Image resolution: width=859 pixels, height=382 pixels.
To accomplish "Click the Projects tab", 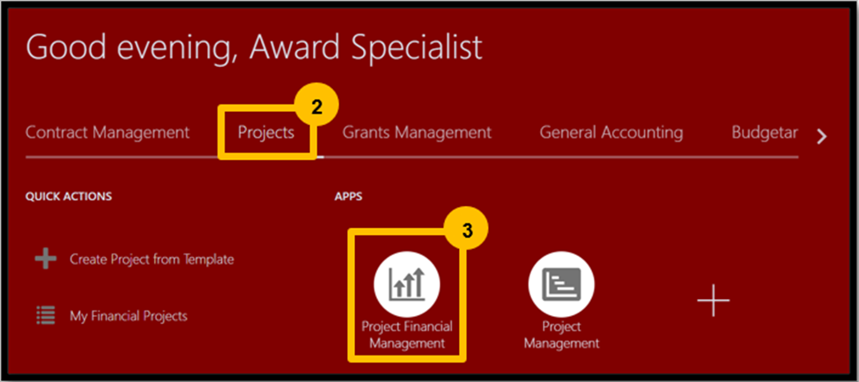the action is point(266,132).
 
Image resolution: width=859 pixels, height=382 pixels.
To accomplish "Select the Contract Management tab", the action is point(107,132).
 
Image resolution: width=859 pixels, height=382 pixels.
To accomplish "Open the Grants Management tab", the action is point(417,132).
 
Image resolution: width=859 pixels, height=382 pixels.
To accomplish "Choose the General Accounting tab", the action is point(611,132).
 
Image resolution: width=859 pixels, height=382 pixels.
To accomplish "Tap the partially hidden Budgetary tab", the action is point(765,132).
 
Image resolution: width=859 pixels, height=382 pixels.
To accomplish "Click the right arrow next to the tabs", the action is point(821,136).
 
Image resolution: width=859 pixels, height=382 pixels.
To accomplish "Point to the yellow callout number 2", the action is point(316,107).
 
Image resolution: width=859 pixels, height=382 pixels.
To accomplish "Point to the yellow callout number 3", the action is point(466,231).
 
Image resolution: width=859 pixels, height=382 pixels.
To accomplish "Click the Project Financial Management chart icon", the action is point(406,284).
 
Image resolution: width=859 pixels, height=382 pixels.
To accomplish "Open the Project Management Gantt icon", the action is point(561,284).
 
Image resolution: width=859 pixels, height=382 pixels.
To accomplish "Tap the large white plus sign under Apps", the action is point(714,300).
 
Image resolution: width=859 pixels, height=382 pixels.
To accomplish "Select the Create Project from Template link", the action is point(152,259).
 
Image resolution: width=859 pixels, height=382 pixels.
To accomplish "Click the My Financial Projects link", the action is point(129,316).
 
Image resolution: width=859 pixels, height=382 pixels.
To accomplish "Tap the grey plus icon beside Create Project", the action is point(46,258).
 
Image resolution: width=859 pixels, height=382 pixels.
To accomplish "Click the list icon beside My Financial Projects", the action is point(46,315).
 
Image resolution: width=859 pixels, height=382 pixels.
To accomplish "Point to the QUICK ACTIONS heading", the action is point(69,196).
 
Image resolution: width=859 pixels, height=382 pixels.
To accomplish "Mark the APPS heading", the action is point(348,196).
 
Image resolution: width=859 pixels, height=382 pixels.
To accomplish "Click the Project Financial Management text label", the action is point(406,335).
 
